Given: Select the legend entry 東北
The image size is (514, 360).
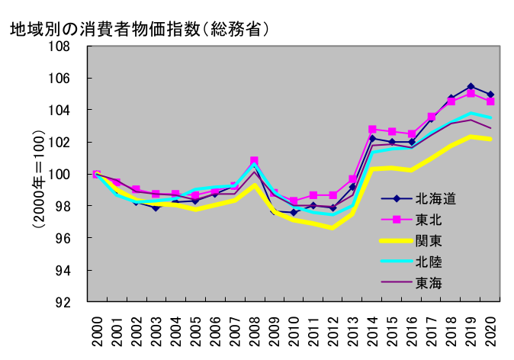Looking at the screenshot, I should point(429,220).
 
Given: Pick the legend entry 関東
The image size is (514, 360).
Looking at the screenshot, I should point(429,241).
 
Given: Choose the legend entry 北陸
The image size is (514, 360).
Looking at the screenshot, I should point(429,262).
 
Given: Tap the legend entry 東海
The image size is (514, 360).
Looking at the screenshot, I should point(429,282).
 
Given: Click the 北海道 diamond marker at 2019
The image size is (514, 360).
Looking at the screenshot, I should point(471,87).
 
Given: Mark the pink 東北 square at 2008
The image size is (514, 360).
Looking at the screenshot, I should point(254,161).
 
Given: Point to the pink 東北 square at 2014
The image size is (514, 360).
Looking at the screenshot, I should point(372,130).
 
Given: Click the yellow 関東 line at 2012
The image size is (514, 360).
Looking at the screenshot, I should point(332,227).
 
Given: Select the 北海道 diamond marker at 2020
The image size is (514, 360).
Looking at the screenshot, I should point(490,95).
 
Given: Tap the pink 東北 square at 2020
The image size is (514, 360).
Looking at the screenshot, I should point(490,101).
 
